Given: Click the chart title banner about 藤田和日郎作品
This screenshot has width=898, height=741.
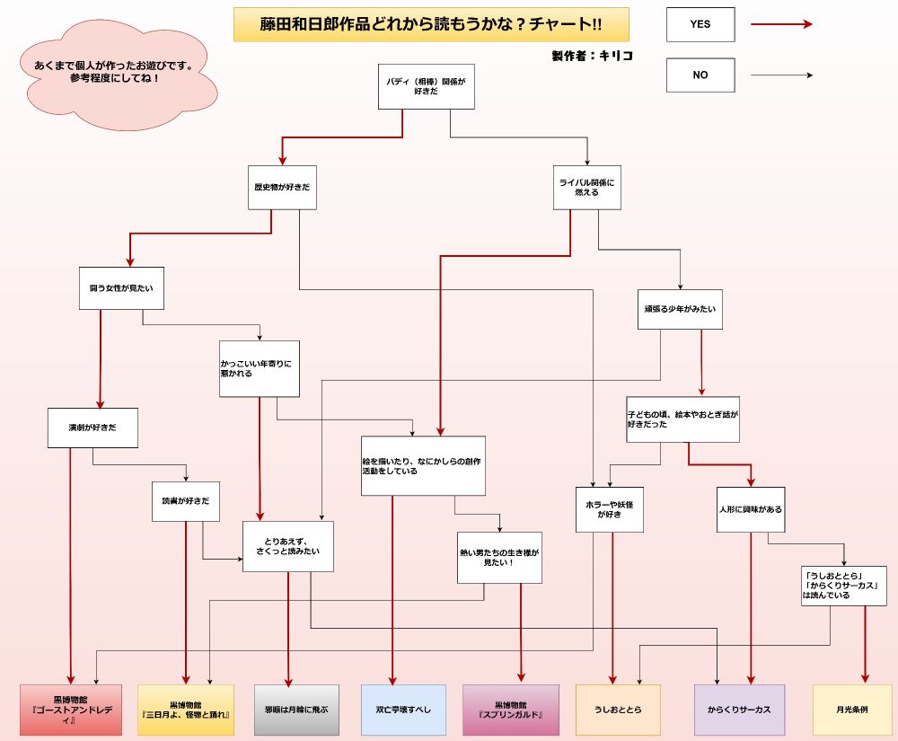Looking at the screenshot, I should pyautogui.click(x=431, y=24).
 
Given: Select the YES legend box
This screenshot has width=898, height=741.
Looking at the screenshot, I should pyautogui.click(x=700, y=24).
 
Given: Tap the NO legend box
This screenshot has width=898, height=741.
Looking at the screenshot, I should pyautogui.click(x=700, y=75).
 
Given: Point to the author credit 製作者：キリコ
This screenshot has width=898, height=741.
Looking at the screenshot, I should pyautogui.click(x=592, y=56).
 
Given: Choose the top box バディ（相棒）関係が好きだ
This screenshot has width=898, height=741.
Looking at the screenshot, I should pyautogui.click(x=426, y=86).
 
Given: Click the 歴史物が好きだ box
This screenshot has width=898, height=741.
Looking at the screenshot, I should pyautogui.click(x=282, y=188).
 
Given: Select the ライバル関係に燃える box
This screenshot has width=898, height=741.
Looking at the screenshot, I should pyautogui.click(x=587, y=187).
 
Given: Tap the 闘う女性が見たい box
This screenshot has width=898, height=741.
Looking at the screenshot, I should pyautogui.click(x=121, y=288).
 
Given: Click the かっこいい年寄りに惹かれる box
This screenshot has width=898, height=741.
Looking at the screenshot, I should pyautogui.click(x=260, y=368).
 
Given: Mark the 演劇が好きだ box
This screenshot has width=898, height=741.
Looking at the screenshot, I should pyautogui.click(x=93, y=428).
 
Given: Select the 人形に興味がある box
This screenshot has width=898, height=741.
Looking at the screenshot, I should pyautogui.click(x=750, y=509).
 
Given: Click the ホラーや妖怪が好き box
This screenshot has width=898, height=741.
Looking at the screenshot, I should pyautogui.click(x=609, y=509).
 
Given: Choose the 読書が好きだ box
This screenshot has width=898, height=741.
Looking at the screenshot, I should pyautogui.click(x=186, y=502).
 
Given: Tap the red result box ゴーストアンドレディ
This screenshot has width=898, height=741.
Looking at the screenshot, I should pyautogui.click(x=70, y=710).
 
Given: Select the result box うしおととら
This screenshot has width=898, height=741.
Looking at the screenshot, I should pyautogui.click(x=618, y=710).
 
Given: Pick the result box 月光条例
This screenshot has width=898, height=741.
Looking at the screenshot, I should pyautogui.click(x=851, y=710).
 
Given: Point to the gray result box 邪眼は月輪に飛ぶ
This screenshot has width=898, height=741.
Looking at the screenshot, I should pyautogui.click(x=295, y=710).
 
